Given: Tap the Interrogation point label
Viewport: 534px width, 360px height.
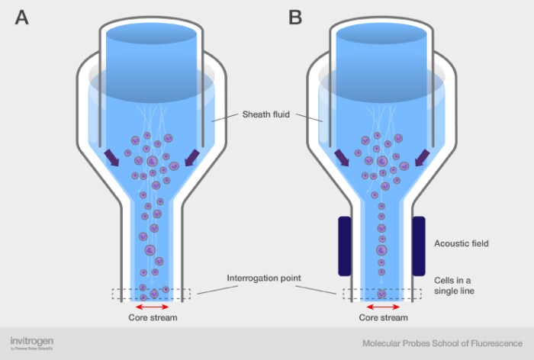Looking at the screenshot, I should pos(265,278).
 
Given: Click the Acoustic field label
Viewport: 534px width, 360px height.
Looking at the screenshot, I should pos(461,244).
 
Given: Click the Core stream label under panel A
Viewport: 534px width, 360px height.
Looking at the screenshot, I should pos(153,317).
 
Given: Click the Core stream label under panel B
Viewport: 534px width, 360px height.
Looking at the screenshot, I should pos(383,317).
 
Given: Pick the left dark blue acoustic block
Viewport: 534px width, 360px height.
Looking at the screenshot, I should pos(344,246).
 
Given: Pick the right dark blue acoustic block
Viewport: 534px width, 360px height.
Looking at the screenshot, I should pos(419,246).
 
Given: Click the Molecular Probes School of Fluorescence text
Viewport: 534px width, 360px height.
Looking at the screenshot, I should pos(442,343).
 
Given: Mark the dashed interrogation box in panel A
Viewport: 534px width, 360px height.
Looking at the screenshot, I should pos(153,293).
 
